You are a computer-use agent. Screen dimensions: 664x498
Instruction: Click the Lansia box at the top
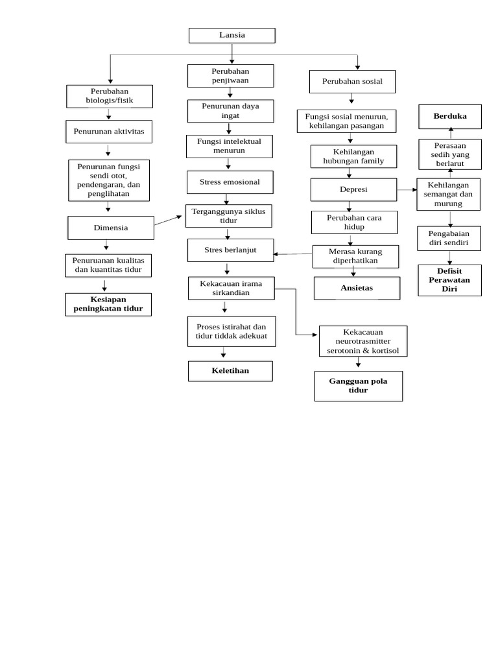tap(231, 35)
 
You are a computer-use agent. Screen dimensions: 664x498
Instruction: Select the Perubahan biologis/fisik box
tap(109, 96)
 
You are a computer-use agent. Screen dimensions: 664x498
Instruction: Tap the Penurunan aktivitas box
tap(109, 131)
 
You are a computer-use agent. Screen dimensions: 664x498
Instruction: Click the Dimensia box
tap(111, 228)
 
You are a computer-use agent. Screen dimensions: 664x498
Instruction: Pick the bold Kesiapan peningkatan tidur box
tap(108, 304)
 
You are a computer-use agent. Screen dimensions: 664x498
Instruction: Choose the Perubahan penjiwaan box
tap(230, 75)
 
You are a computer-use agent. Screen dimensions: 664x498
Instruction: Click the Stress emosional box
tap(230, 182)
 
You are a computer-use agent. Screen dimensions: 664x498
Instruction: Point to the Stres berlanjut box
tap(230, 250)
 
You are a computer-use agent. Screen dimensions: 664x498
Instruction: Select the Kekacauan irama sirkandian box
tap(230, 288)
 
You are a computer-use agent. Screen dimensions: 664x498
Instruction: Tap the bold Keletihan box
tap(230, 371)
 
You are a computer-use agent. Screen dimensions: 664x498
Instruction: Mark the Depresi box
tap(353, 189)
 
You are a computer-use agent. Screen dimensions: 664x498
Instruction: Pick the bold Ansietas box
tap(357, 288)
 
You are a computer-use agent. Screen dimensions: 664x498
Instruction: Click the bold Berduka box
tap(449, 116)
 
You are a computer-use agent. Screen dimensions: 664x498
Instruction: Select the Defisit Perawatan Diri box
tap(449, 280)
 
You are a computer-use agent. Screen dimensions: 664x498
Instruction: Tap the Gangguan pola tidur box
tap(358, 386)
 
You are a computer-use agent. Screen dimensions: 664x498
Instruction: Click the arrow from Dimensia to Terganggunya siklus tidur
tap(169, 220)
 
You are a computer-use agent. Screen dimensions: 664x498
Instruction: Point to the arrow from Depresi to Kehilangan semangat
tap(407, 190)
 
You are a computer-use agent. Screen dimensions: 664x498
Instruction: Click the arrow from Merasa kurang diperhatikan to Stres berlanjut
tap(293, 254)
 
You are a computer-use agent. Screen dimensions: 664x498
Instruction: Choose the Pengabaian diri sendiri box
tap(449, 238)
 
